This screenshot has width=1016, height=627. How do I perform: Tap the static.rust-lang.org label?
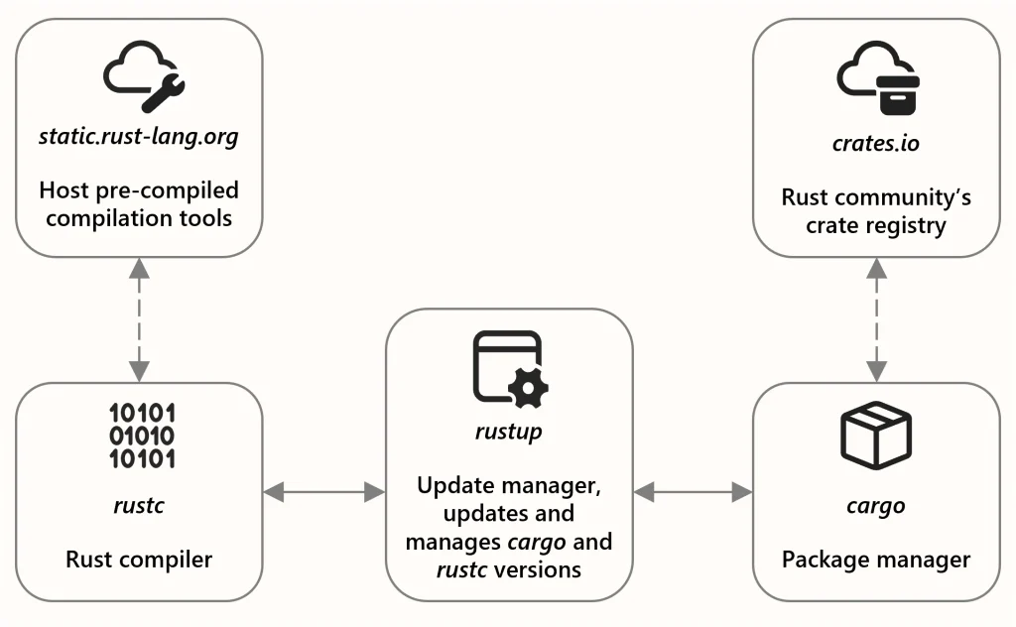pos(139,137)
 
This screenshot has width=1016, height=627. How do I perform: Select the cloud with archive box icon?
pos(878,77)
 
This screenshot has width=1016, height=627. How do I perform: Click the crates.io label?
pos(876,143)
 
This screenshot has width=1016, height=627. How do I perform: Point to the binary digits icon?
pos(142,436)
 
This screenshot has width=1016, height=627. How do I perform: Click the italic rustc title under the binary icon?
pos(139,505)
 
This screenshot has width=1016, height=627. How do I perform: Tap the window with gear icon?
pos(511,369)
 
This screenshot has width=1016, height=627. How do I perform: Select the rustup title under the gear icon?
pos(509,432)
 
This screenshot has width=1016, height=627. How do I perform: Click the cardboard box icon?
pos(876,435)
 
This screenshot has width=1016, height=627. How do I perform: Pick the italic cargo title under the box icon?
pos(876,507)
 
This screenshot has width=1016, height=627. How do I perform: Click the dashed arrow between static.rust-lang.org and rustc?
pos(139,320)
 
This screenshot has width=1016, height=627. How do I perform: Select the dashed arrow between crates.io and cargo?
pos(877,320)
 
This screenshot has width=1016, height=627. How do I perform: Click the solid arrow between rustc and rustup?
pos(324,492)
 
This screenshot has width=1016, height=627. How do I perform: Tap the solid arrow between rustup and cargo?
pos(694,492)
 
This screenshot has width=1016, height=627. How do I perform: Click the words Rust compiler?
pos(139,560)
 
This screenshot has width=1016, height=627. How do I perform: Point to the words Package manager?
pos(876,561)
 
